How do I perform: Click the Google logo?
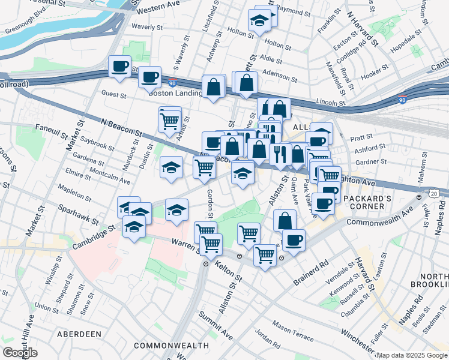point(20,353)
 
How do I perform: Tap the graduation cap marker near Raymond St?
point(259,22)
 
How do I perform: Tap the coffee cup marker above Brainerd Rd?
point(294,241)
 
